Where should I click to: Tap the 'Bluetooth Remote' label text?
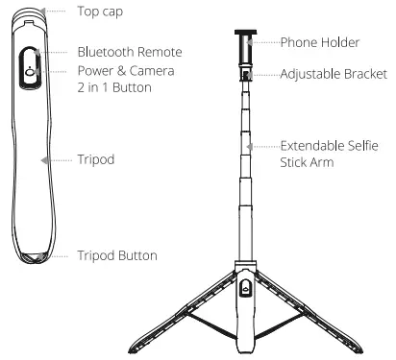[129, 51]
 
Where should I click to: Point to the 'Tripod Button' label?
[116, 256]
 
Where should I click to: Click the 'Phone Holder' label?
[320, 42]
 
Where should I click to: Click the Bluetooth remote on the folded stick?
[30, 72]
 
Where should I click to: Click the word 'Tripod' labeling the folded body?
[96, 159]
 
